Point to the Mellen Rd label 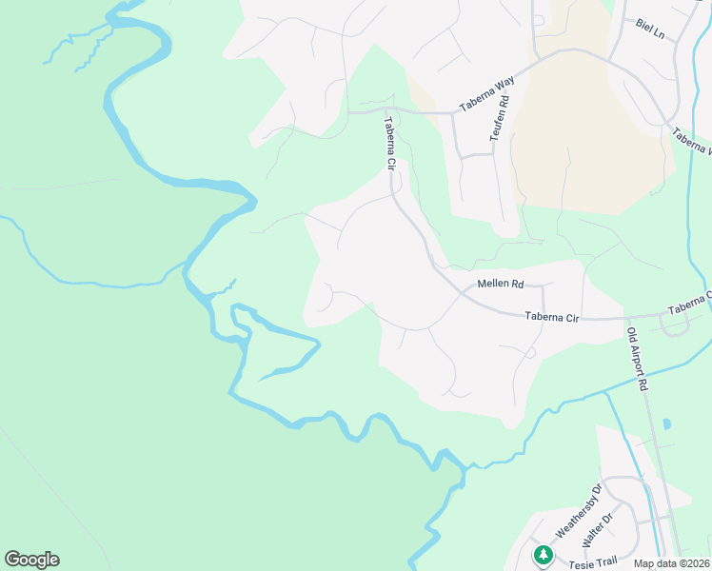coord(500,284)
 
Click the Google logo coord(31,560)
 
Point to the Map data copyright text coord(672,563)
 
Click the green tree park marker coord(543,554)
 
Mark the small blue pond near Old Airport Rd coord(665,423)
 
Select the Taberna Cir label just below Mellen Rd coord(552,316)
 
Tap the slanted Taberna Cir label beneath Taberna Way coord(389,143)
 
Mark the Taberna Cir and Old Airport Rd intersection coord(628,318)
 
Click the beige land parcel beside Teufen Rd coord(581,143)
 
